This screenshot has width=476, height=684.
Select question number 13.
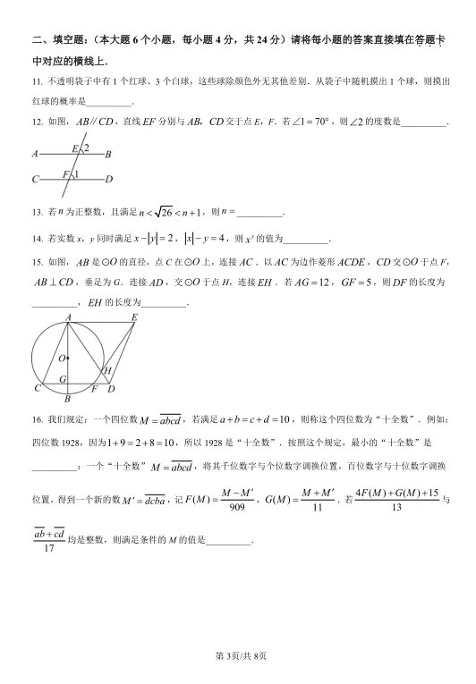36,212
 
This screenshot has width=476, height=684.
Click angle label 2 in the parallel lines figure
87,147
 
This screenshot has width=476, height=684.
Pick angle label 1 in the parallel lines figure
76,174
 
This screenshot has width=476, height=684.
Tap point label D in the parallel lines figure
109,180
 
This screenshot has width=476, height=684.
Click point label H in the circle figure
106,370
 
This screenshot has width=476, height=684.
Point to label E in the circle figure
134,317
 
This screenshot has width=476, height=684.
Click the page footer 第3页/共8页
237,657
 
